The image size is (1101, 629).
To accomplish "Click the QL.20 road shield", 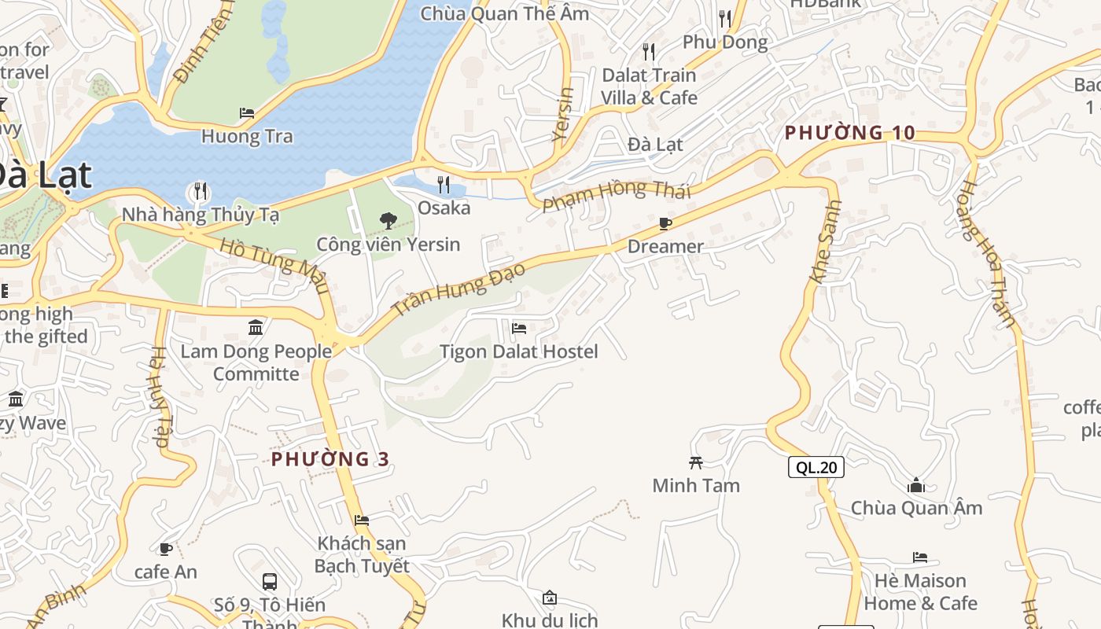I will tap(816, 467).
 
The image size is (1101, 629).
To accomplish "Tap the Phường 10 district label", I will tap(850, 133).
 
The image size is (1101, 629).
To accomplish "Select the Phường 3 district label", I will tap(330, 458).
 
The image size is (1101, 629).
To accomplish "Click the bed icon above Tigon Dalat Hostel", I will tap(519, 329).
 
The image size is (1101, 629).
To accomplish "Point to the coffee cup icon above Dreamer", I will tap(665, 224).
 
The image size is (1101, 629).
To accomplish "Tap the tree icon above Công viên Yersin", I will tap(388, 221).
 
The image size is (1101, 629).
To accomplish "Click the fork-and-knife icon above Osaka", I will tap(444, 186).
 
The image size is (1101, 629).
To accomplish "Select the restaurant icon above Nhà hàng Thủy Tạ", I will tap(201, 191).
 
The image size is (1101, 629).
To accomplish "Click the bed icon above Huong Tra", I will tap(247, 113).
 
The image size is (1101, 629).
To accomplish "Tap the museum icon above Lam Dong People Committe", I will tap(256, 327).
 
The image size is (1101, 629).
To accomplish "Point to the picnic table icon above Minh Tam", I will tap(696, 462).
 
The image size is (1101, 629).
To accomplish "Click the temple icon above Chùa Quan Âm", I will tap(915, 485).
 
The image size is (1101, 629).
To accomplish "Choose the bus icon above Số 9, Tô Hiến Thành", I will tap(270, 582).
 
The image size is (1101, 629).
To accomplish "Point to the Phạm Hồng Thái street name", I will tap(617, 194).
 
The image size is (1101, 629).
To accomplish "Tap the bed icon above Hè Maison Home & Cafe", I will tap(920, 558).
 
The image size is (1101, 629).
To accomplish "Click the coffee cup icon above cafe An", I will tap(166, 549).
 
